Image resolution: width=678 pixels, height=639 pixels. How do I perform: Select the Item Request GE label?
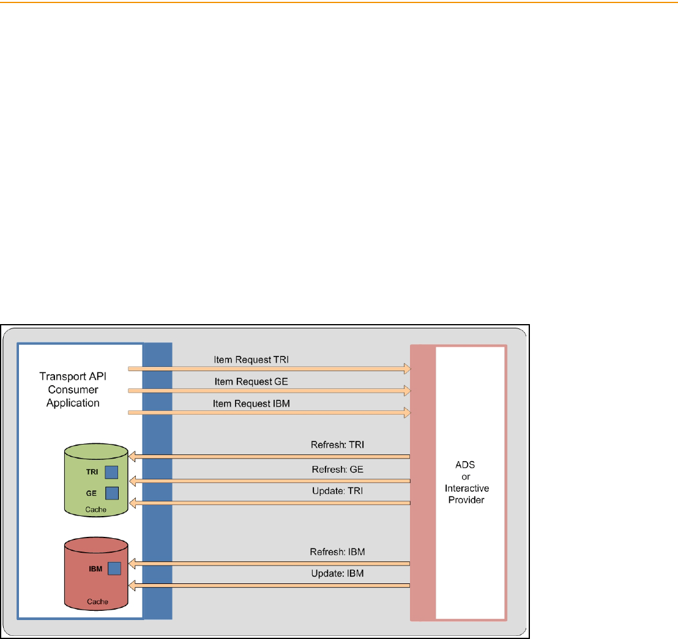pos(251,382)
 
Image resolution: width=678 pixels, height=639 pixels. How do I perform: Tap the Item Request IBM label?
pos(250,404)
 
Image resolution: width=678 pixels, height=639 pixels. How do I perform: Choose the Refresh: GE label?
pos(338,469)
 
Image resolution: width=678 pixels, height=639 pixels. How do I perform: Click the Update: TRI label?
pos(338,491)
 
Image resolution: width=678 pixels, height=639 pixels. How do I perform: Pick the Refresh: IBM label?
pos(338,552)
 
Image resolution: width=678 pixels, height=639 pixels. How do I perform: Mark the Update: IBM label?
pos(338,574)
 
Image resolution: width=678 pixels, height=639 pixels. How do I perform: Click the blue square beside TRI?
pos(111,471)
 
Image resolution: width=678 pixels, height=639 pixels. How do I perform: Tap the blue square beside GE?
pos(112,493)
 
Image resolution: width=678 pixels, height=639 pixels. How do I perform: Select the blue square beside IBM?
pos(114,569)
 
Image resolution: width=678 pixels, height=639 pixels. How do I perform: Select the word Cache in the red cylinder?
pos(97,602)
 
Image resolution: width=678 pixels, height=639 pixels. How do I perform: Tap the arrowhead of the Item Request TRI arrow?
pos(406,368)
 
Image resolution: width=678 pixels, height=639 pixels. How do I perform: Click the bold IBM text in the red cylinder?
pos(95,569)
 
